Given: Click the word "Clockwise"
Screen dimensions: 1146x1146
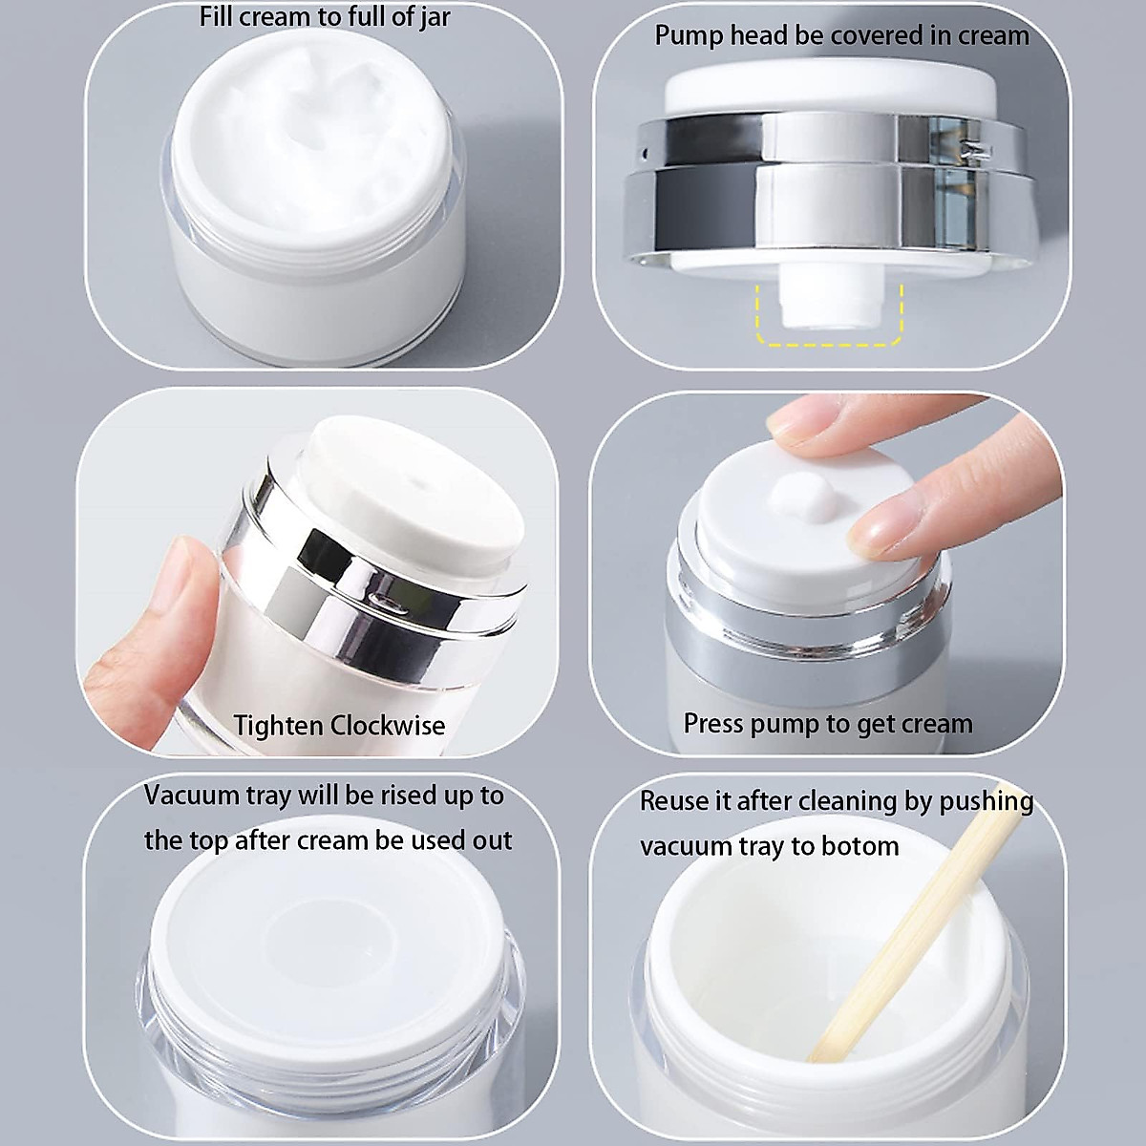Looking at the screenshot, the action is tap(387, 726).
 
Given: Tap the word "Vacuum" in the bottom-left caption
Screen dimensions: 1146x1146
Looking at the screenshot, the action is tap(190, 796).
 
